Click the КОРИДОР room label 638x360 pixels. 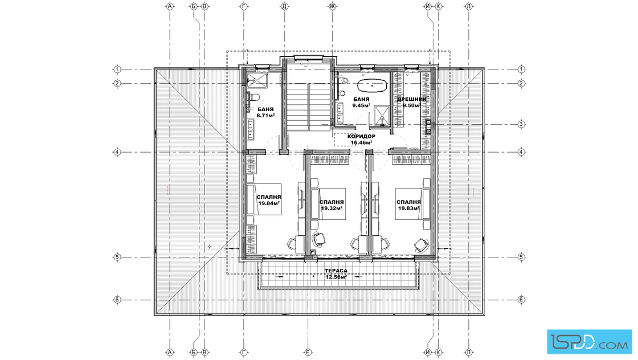pos(361,136)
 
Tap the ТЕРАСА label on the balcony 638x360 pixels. pos(336,271)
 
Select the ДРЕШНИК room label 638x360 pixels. pos(412,99)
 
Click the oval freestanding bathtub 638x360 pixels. pos(373,86)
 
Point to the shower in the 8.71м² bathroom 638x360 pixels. pos(257,80)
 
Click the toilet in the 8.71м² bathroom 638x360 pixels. pos(254,97)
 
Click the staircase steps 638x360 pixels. pos(309,107)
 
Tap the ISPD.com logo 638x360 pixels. pos(589,342)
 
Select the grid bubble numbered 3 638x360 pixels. pos(521,124)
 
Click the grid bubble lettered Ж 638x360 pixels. pos(333,6)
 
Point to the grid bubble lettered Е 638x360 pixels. pos(308,353)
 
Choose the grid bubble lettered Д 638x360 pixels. pos(284,6)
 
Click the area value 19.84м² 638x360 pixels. pos(269,203)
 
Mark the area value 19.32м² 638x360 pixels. pos(332,208)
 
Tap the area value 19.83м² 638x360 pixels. pos(409,208)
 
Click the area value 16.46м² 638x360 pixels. pos(361,143)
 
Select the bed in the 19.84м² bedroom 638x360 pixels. pos(264,200)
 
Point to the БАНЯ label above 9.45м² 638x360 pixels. pos(361,99)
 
